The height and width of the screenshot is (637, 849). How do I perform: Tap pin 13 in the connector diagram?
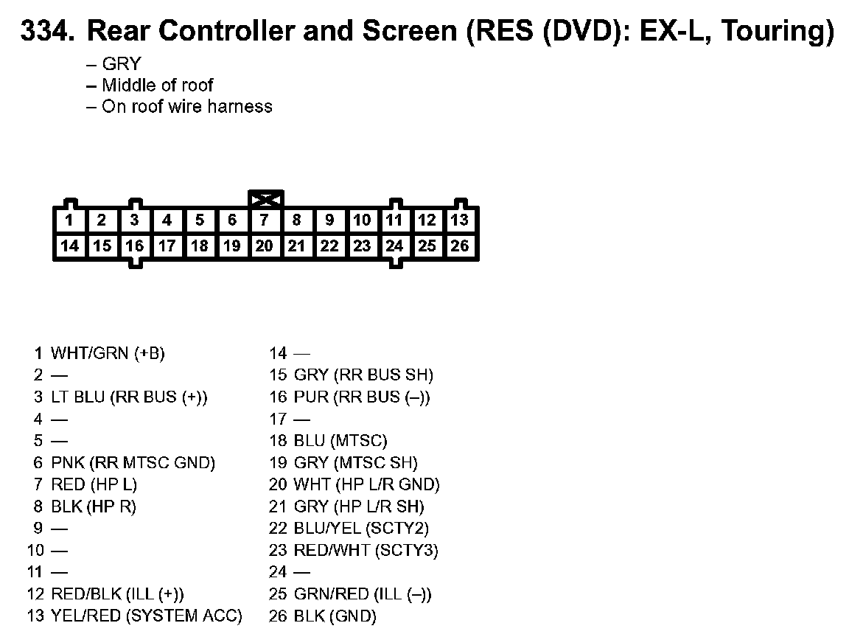coord(460,220)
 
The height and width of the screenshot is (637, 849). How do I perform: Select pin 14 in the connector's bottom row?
coord(70,246)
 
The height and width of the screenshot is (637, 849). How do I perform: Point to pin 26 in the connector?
coord(460,246)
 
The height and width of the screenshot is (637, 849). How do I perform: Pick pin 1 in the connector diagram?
coord(70,220)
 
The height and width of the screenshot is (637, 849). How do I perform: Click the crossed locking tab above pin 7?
coord(266,198)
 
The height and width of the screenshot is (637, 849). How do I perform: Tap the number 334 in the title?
coord(46,32)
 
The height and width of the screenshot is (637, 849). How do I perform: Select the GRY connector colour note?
coord(121,64)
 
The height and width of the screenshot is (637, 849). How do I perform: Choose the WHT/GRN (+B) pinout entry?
coord(108,353)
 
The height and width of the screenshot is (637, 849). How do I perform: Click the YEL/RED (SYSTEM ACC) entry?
coord(146,616)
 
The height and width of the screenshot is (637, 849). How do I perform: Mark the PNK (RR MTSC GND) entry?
coord(133,463)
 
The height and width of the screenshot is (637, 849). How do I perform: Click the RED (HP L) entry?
coord(94,484)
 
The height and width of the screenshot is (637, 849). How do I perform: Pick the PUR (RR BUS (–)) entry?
coord(362,397)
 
